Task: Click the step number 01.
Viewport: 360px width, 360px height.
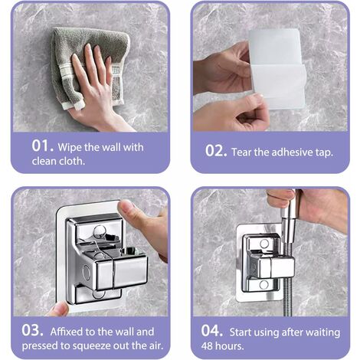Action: click(x=43, y=146)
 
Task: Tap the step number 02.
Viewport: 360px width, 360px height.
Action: click(x=216, y=151)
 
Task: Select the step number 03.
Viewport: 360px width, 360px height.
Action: click(x=32, y=330)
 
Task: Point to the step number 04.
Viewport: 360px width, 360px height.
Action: click(x=212, y=331)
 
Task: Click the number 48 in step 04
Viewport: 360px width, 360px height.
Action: click(x=207, y=346)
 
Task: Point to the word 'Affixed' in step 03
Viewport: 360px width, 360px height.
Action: click(x=67, y=332)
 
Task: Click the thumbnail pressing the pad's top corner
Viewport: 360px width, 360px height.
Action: click(x=125, y=205)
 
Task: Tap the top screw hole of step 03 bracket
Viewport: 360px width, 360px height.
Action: click(x=100, y=232)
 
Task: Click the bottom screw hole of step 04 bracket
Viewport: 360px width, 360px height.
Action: click(x=263, y=284)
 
